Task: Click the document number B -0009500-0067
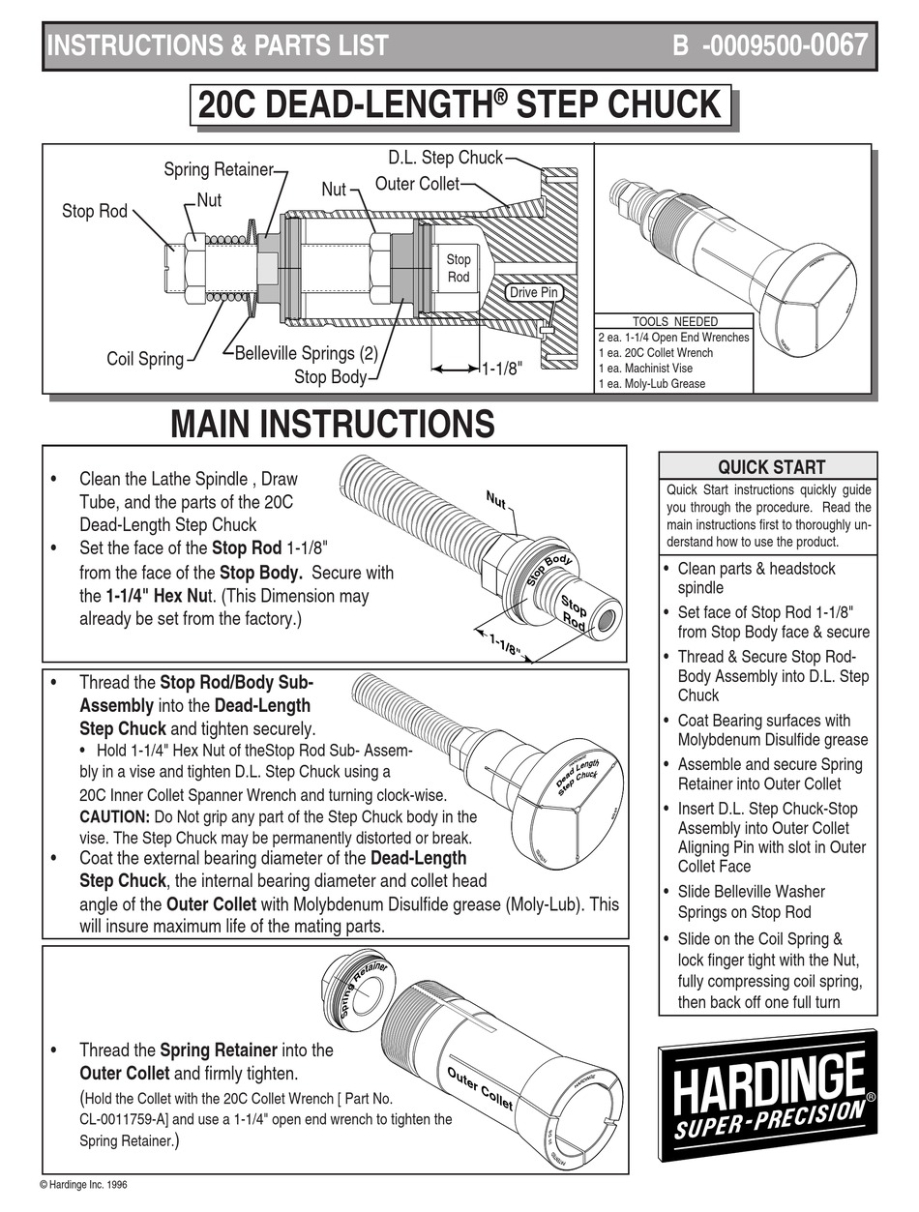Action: click(769, 45)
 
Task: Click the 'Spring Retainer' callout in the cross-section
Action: click(218, 170)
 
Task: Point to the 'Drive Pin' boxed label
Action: click(535, 292)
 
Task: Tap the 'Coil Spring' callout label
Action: click(145, 359)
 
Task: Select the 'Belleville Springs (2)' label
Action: click(306, 354)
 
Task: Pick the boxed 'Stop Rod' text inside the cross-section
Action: click(459, 268)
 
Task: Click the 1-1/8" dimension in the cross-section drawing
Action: click(501, 369)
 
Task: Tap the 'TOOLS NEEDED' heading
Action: click(674, 321)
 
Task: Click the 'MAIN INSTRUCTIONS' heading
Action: click(332, 424)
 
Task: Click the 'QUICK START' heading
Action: click(770, 466)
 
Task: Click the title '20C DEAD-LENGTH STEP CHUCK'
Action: click(459, 105)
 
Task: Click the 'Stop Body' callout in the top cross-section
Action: click(330, 376)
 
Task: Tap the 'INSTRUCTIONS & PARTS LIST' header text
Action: click(218, 45)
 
